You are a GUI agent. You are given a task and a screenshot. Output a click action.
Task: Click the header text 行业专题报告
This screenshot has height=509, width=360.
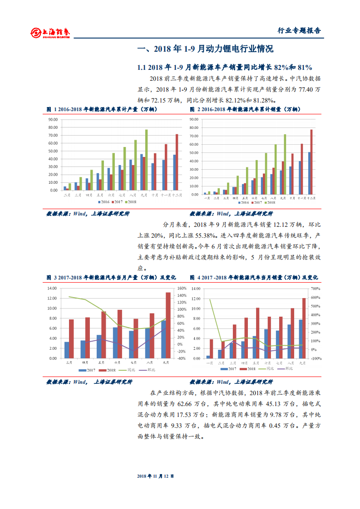pyautogui.click(x=299, y=31)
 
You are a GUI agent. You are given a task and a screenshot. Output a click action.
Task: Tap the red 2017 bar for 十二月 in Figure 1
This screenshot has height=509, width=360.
pyautogui.click(x=177, y=162)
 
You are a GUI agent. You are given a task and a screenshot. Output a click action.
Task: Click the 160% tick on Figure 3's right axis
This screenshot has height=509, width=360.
pyautogui.click(x=182, y=289)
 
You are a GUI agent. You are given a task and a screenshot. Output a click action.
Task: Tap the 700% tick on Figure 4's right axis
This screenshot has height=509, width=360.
pyautogui.click(x=316, y=289)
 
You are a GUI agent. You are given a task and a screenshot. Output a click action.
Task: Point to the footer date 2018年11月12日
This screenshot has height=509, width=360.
pyautogui.click(x=156, y=476)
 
